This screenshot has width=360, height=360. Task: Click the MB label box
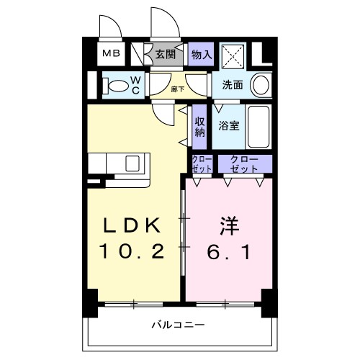click(x=110, y=53)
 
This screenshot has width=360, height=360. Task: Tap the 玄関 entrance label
click(x=166, y=53)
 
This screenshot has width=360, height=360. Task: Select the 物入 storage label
click(x=202, y=53)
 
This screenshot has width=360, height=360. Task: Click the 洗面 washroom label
click(x=233, y=85)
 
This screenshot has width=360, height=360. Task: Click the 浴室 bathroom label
click(x=230, y=125)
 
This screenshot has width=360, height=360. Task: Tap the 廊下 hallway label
click(x=177, y=89)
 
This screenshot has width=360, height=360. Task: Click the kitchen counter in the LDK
click(x=119, y=166)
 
